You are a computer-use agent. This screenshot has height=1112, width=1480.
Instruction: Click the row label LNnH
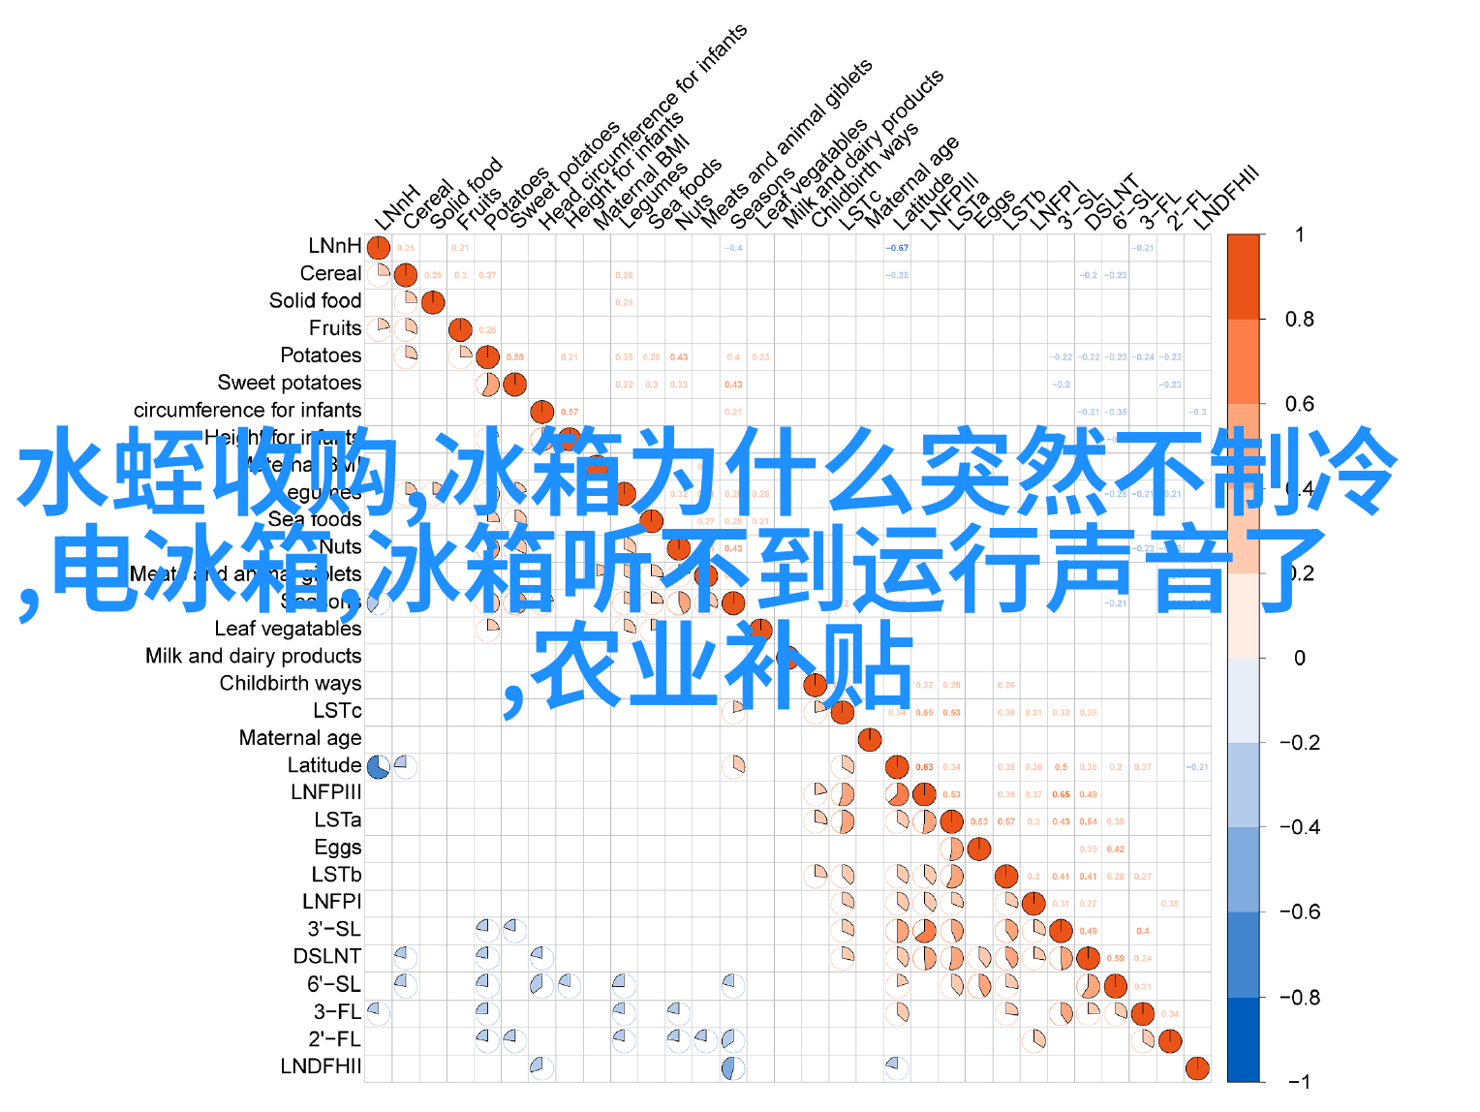pyautogui.click(x=335, y=247)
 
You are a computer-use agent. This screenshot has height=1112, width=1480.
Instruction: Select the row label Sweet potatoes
pyautogui.click(x=289, y=383)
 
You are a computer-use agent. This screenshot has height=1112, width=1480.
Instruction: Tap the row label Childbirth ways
pyautogui.click(x=290, y=683)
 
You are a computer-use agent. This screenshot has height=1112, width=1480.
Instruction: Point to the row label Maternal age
pyautogui.click(x=300, y=738)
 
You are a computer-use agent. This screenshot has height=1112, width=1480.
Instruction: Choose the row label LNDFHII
pyautogui.click(x=321, y=1066)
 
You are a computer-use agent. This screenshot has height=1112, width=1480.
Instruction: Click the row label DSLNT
pyautogui.click(x=327, y=957)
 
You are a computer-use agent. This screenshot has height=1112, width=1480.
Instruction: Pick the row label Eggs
pyautogui.click(x=337, y=848)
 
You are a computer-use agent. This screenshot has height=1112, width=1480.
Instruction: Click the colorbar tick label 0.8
pyautogui.click(x=1299, y=320)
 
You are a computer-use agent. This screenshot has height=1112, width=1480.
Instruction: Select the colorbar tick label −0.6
pyautogui.click(x=1299, y=912)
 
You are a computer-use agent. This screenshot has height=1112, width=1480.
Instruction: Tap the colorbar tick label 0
pyautogui.click(x=1300, y=659)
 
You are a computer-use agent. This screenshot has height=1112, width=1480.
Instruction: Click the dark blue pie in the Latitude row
pyautogui.click(x=378, y=767)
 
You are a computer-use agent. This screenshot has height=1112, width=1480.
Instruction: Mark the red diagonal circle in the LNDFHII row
pyautogui.click(x=1197, y=1067)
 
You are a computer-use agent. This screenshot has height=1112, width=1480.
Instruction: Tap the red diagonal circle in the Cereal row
pyautogui.click(x=406, y=275)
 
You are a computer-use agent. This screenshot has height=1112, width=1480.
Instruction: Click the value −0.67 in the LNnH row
pyautogui.click(x=897, y=248)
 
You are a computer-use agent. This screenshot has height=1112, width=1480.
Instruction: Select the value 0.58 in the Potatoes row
pyautogui.click(x=514, y=357)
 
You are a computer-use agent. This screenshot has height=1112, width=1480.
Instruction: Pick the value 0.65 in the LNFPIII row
pyautogui.click(x=1061, y=794)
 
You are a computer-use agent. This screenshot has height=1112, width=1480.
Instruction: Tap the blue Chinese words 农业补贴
pyautogui.click(x=722, y=666)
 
